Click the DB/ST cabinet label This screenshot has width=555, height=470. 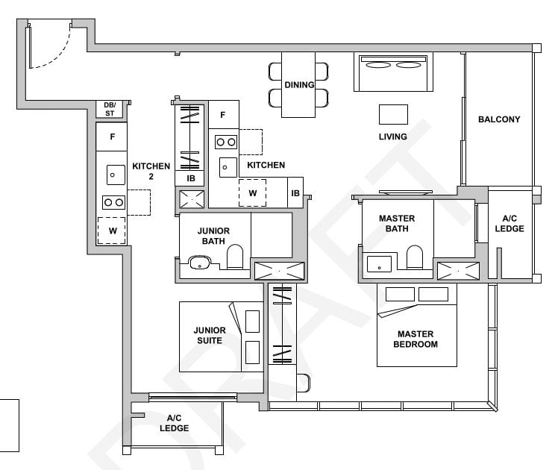tap(110, 109)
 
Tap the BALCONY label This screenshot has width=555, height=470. tap(499, 119)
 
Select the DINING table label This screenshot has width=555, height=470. tap(299, 85)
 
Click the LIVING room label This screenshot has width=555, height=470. tap(392, 137)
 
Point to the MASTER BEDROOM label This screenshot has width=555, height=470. tap(416, 339)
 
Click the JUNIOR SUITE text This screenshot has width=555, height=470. tap(210, 335)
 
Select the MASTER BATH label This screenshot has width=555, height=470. tap(396, 224)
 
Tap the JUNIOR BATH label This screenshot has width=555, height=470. tap(214, 236)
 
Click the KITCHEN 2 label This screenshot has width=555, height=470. tap(151, 171)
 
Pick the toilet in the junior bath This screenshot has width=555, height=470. tap(236, 257)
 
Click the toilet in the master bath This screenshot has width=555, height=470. tap(415, 258)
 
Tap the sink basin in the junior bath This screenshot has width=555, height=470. tap(200, 263)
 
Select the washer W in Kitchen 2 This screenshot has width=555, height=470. tap(113, 231)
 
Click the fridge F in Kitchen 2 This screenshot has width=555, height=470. tap(112, 137)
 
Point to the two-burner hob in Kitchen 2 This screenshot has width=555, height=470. tap(113, 202)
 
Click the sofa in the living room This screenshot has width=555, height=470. tap(392, 72)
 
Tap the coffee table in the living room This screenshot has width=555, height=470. tap(393, 114)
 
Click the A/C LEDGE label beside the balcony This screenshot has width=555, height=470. tap(509, 224)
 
